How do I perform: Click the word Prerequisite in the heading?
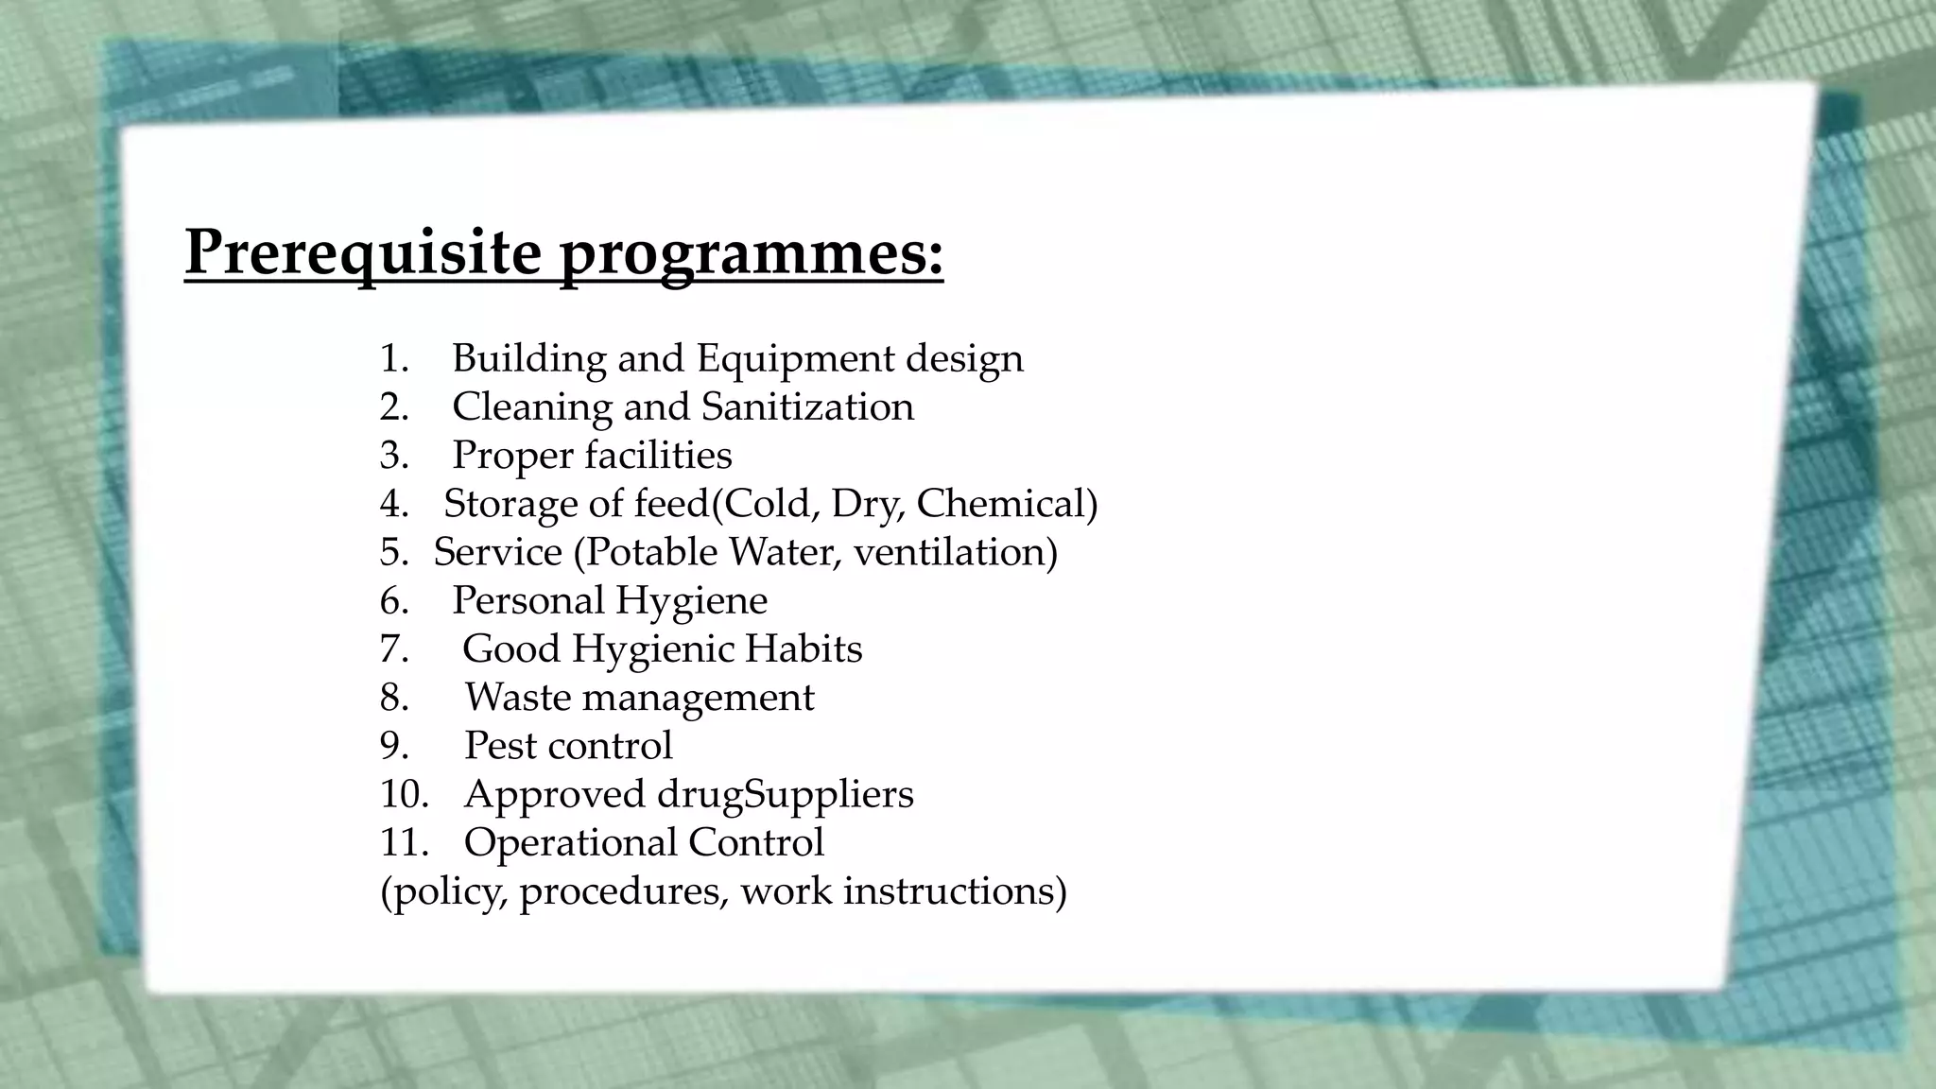click(363, 252)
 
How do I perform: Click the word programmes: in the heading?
click(752, 254)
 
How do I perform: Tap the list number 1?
click(394, 358)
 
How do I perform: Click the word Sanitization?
click(807, 406)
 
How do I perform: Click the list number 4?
click(394, 504)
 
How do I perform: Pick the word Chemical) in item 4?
click(1007, 504)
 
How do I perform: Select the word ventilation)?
click(955, 552)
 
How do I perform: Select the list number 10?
click(404, 794)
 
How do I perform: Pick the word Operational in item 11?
click(570, 842)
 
